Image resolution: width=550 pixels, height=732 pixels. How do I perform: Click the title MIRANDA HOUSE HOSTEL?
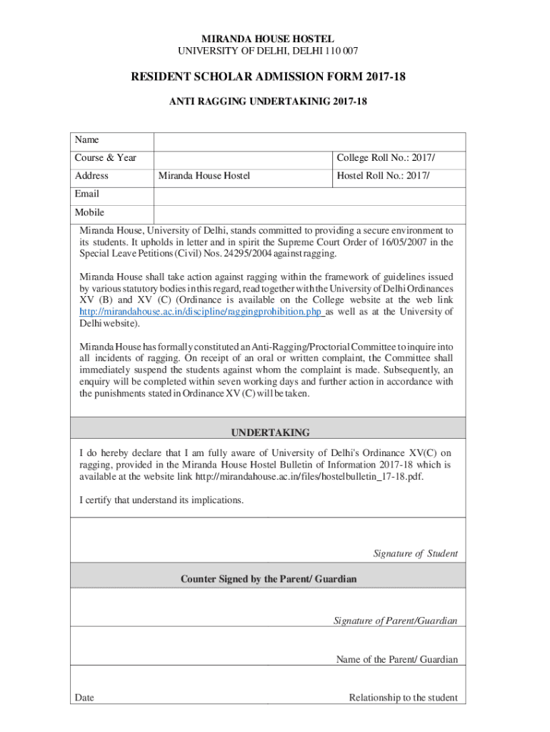tap(268, 39)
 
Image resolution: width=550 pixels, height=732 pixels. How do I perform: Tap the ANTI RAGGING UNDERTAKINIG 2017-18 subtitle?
tap(268, 102)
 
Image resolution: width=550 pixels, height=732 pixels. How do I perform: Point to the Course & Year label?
tap(106, 158)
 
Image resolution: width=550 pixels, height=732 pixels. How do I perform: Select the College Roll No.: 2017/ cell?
tap(386, 158)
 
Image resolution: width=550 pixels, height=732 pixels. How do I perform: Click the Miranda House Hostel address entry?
tap(204, 176)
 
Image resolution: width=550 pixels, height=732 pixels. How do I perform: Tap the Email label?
tap(87, 194)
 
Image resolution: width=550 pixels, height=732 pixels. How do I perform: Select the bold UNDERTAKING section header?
tap(270, 432)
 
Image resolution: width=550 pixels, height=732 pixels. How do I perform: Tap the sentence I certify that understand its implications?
tap(161, 500)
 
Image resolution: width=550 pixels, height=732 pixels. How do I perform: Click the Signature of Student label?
tap(415, 554)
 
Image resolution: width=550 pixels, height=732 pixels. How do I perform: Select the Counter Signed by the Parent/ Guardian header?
tap(268, 579)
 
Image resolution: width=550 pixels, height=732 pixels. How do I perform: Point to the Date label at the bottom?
tap(84, 698)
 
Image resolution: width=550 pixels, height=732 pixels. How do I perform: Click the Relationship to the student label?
tap(403, 698)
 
